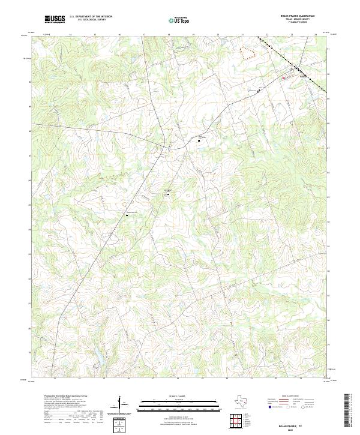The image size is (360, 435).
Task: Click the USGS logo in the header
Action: tap(55, 19)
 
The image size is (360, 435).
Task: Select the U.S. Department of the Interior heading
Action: tap(91, 17)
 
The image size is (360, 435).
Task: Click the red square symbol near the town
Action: tap(284, 77)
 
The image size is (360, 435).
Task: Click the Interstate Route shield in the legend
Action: tap(269, 407)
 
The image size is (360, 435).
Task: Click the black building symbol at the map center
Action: tap(169, 194)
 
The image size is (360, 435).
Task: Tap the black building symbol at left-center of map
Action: tap(127, 216)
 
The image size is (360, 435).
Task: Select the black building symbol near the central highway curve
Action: tap(199, 140)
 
